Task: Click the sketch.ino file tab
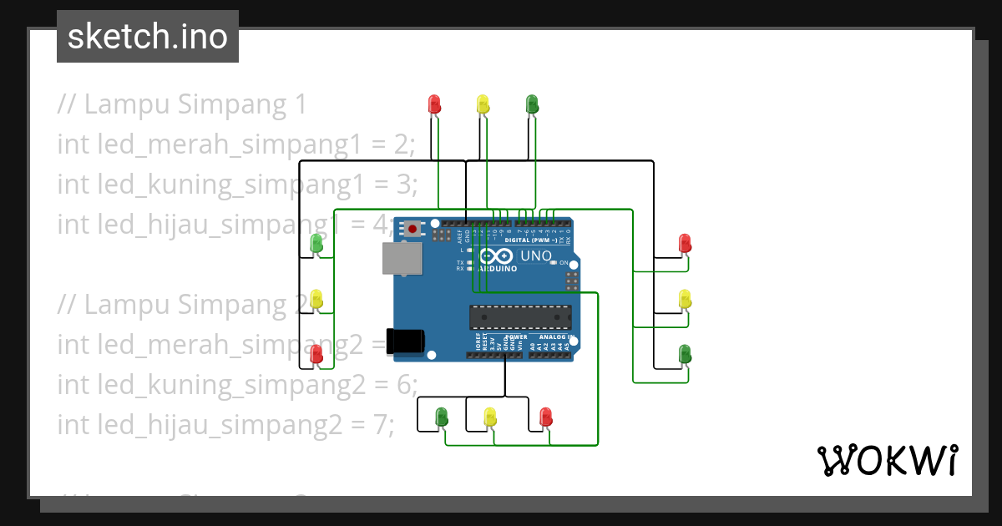pos(148,37)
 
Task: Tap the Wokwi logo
pos(887,460)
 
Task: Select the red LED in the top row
pos(434,104)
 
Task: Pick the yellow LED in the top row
pos(483,104)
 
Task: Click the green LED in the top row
pos(532,104)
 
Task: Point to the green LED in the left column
pos(316,244)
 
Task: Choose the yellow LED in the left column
pos(316,299)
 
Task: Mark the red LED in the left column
pos(316,354)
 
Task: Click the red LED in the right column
pos(685,244)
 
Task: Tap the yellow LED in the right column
pos(685,299)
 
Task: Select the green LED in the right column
pos(685,354)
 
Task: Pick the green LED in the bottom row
pos(442,416)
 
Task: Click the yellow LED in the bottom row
pos(491,416)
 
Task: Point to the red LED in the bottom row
pos(545,416)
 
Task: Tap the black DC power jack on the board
pos(408,340)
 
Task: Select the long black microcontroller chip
pos(520,317)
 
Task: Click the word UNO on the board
pos(536,256)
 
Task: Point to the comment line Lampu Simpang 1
pos(182,105)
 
